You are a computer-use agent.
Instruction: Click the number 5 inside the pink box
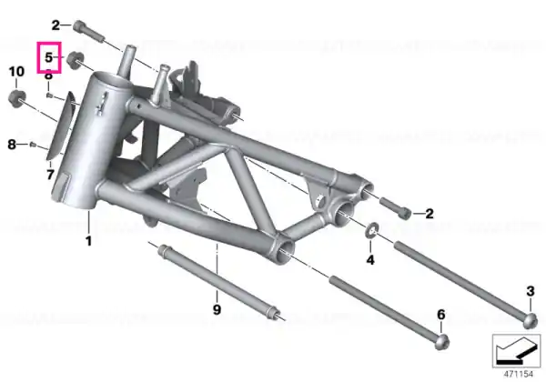[x=49, y=57]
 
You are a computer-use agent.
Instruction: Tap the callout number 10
[x=16, y=71]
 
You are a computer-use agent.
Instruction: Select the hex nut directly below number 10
[x=16, y=97]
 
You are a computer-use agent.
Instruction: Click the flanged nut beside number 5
[x=76, y=60]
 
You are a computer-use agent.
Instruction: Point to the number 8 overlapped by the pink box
[x=49, y=75]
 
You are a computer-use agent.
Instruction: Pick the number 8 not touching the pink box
[x=12, y=144]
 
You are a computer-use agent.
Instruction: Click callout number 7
[x=50, y=175]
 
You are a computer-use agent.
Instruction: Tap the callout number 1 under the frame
[x=88, y=241]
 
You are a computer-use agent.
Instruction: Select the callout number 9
[x=217, y=309]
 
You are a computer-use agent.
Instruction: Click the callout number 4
[x=370, y=259]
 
